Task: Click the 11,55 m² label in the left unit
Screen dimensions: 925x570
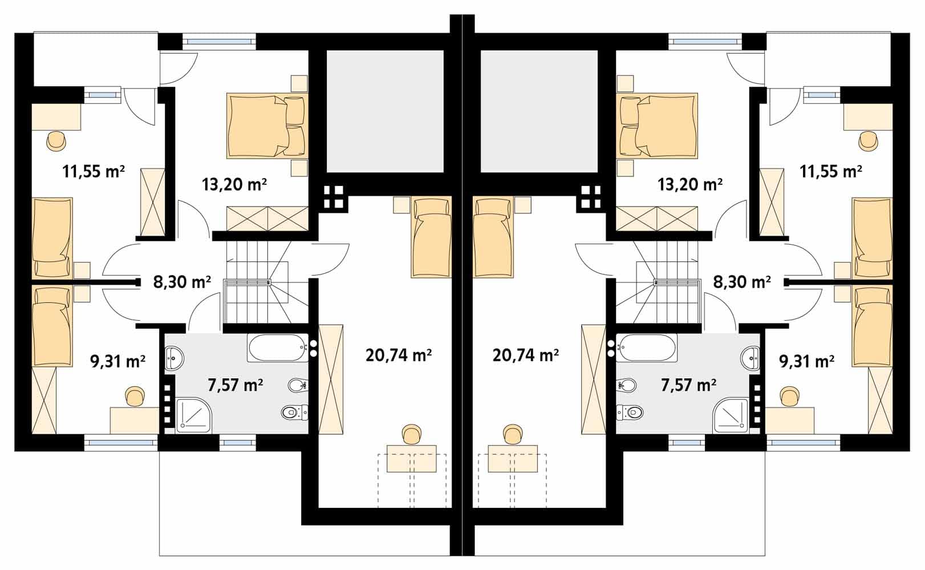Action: (x=94, y=171)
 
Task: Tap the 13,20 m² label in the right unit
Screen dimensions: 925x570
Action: (x=690, y=184)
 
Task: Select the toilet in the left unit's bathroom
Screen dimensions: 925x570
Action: (x=295, y=412)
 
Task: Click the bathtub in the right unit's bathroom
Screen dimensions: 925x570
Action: (x=647, y=348)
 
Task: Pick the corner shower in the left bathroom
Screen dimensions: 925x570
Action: (x=194, y=415)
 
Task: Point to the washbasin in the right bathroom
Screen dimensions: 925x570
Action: (x=750, y=358)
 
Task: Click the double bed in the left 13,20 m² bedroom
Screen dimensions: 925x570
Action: (x=267, y=126)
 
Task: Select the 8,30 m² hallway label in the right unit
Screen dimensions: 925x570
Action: (x=742, y=282)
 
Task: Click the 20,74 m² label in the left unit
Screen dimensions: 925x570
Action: (x=399, y=355)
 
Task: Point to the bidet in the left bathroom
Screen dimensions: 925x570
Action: (x=297, y=385)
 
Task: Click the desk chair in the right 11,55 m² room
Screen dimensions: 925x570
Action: (x=869, y=142)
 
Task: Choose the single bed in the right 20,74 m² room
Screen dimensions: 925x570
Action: (x=493, y=237)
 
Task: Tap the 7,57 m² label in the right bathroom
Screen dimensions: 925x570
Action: (x=688, y=385)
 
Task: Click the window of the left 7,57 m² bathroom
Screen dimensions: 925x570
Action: (x=237, y=443)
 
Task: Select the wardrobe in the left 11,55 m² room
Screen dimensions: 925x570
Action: (x=153, y=201)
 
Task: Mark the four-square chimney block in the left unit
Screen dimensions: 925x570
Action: (x=333, y=197)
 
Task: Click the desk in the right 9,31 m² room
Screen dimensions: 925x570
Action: (x=790, y=420)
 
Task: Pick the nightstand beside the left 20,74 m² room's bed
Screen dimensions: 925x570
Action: (x=401, y=205)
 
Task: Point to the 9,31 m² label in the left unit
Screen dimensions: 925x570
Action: (x=117, y=361)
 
